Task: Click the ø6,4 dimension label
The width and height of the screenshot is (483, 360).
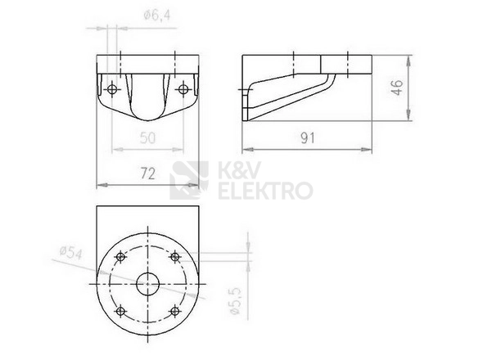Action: coord(157,15)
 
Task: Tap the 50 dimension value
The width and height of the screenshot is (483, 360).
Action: coord(147,137)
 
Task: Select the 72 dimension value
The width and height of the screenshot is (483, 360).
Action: coord(148,173)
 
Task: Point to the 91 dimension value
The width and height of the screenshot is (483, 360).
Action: coord(308,138)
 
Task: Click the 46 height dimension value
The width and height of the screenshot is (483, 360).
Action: coord(397,88)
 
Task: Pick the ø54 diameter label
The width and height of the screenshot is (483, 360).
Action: coord(71,253)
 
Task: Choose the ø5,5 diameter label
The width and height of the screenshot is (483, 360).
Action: coord(235,301)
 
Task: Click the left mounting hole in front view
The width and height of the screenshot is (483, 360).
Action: coord(112,89)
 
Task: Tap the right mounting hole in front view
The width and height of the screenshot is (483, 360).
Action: coord(183,89)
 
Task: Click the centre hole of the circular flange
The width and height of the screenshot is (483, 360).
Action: coord(148,284)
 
